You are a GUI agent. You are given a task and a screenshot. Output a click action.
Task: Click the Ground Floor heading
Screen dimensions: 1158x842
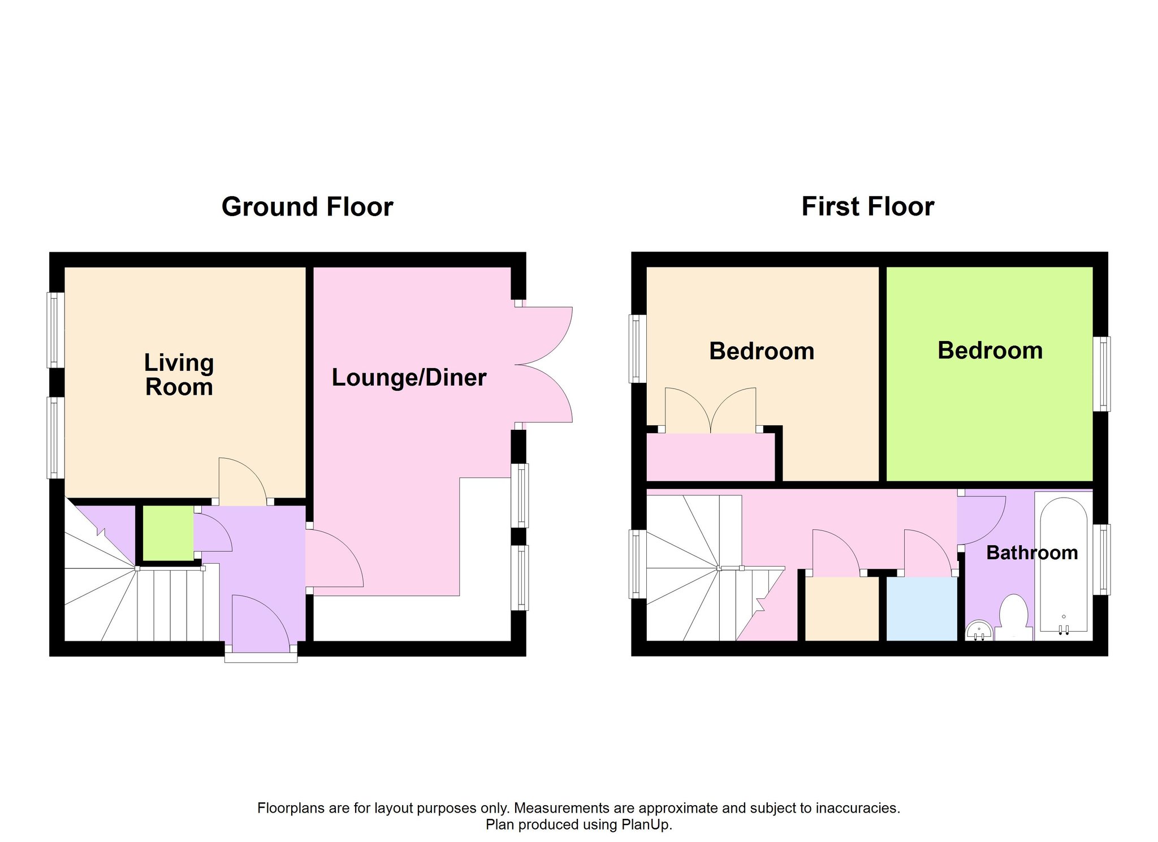tap(307, 207)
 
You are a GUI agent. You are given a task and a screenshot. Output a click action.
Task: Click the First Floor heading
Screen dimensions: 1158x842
tap(868, 206)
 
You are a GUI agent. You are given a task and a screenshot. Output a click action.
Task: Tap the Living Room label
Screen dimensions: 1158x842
tap(179, 375)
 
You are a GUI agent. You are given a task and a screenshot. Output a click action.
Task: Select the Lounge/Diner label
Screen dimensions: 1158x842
tap(409, 378)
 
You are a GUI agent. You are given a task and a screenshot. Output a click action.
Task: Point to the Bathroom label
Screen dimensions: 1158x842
tap(1032, 552)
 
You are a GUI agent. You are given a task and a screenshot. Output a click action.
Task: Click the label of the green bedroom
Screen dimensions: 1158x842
tap(990, 351)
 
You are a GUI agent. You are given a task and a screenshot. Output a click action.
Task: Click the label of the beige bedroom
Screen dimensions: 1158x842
tap(762, 351)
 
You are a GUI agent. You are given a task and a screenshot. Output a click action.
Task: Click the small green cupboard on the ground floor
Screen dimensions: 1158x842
tap(168, 533)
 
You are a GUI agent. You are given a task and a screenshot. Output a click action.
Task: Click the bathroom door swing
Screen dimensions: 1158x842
tap(982, 520)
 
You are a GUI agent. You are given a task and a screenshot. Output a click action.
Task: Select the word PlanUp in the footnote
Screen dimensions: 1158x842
tap(645, 824)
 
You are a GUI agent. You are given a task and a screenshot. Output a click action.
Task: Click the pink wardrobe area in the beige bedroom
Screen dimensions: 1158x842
tap(711, 457)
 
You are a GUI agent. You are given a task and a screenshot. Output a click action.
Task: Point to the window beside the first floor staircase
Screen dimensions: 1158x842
tap(638, 564)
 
